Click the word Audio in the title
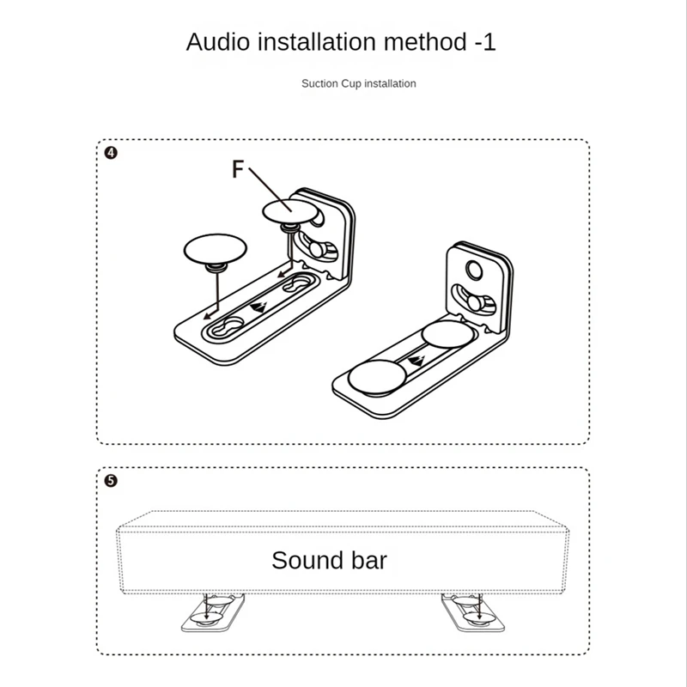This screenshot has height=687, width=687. (x=217, y=41)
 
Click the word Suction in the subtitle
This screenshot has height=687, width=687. (x=319, y=83)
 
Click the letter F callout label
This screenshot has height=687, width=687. (x=238, y=169)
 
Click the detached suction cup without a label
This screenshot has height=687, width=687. (x=215, y=250)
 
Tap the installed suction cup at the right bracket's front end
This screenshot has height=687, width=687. (x=376, y=375)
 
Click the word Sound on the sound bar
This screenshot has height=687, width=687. (x=307, y=561)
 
